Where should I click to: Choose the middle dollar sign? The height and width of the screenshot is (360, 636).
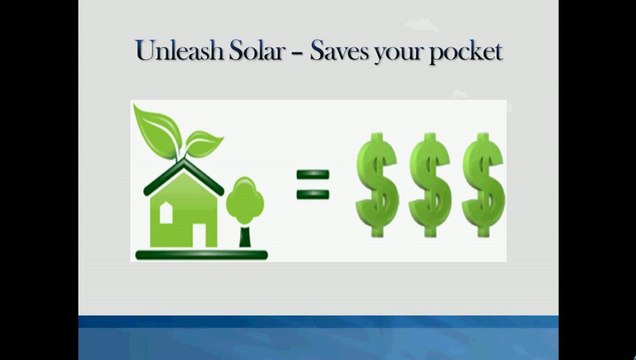point(431,186)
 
